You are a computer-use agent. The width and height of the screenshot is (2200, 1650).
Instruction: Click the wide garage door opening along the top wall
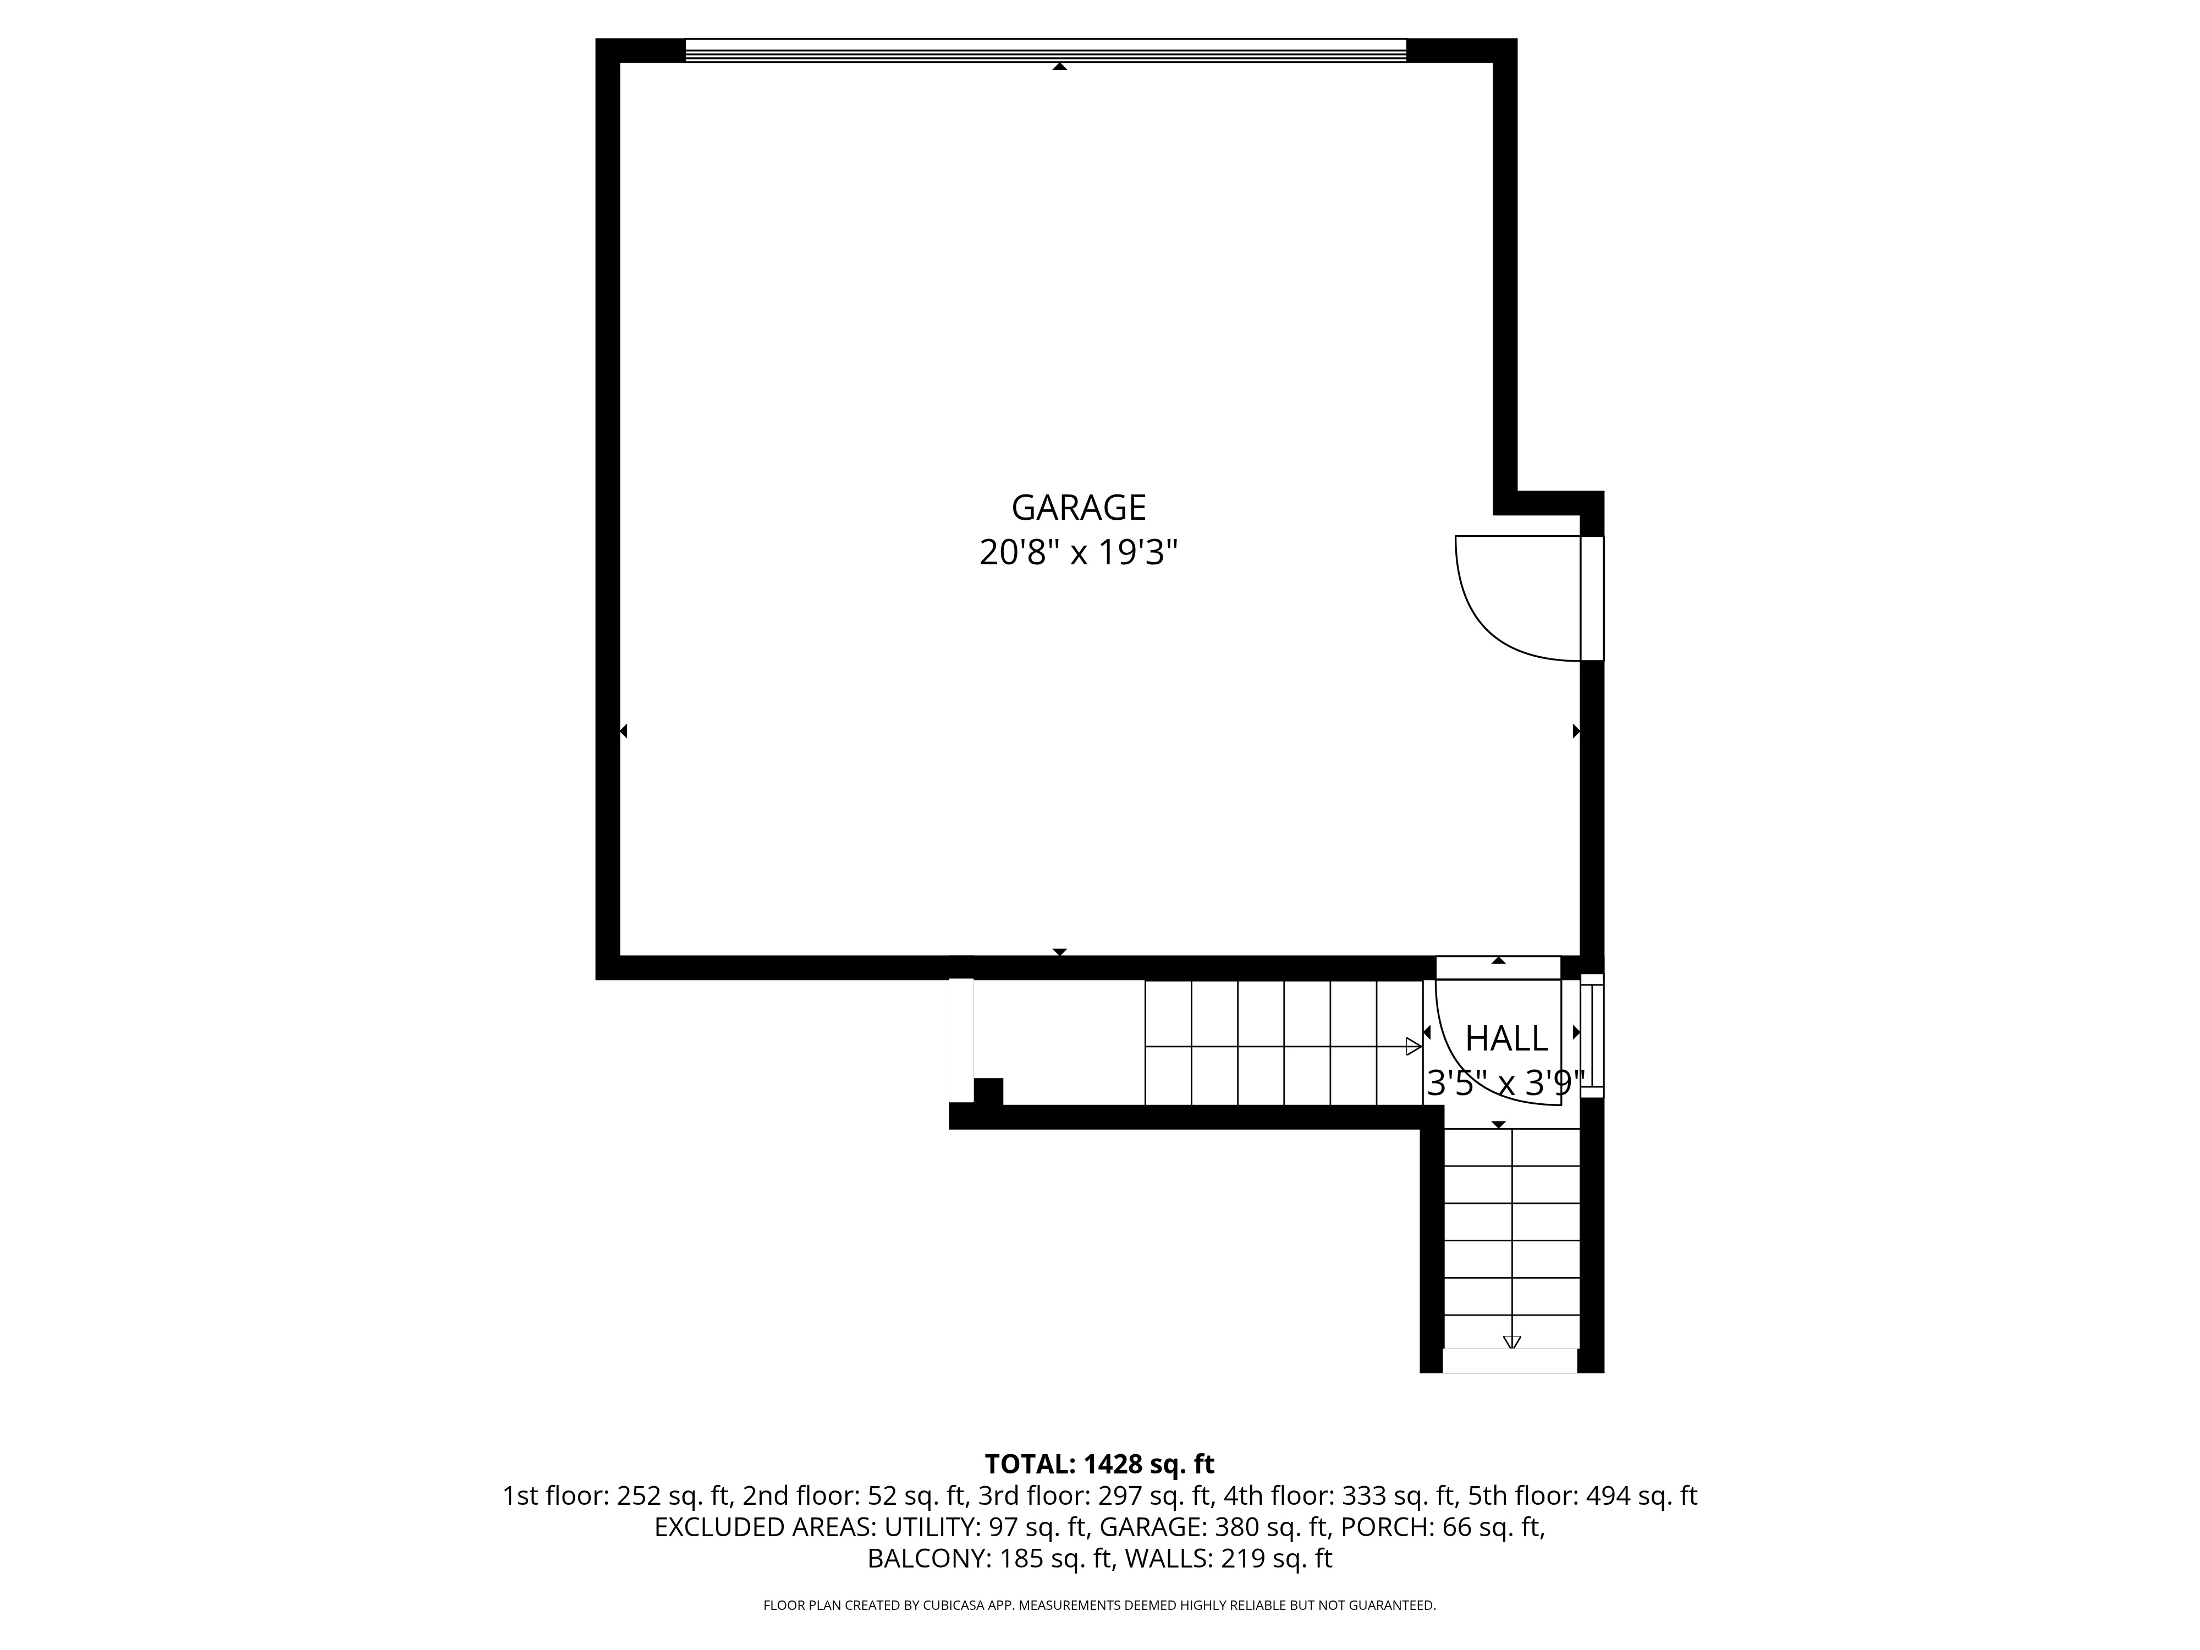(1046, 51)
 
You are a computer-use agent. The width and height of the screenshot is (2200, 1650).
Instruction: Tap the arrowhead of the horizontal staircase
(1414, 1046)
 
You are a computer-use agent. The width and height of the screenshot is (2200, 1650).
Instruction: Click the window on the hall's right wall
(1592, 1035)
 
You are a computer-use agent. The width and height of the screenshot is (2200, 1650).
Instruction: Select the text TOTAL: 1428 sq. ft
(1099, 1464)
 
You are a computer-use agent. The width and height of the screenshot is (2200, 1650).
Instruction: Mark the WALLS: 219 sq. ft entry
(1228, 1559)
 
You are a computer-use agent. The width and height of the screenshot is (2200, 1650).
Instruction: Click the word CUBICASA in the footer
(955, 1605)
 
